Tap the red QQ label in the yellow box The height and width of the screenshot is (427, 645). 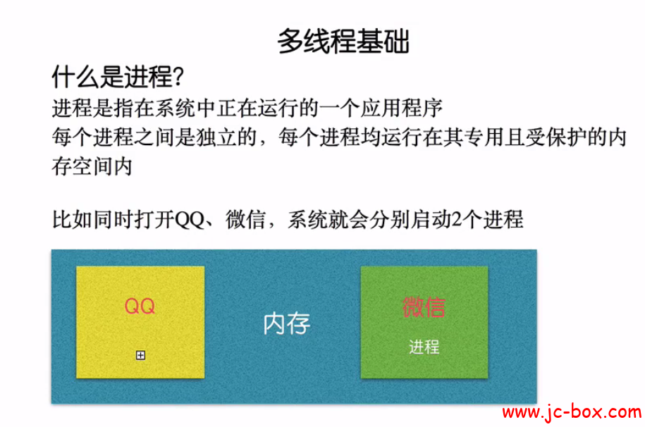click(x=140, y=306)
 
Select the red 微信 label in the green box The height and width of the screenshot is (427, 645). click(x=424, y=307)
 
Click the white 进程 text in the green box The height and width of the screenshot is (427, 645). click(x=424, y=347)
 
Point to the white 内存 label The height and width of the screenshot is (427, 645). click(x=286, y=323)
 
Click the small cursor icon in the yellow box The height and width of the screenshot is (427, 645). click(x=140, y=355)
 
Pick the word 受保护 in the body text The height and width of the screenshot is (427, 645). click(x=554, y=137)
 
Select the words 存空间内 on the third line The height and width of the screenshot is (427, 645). click(x=92, y=168)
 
